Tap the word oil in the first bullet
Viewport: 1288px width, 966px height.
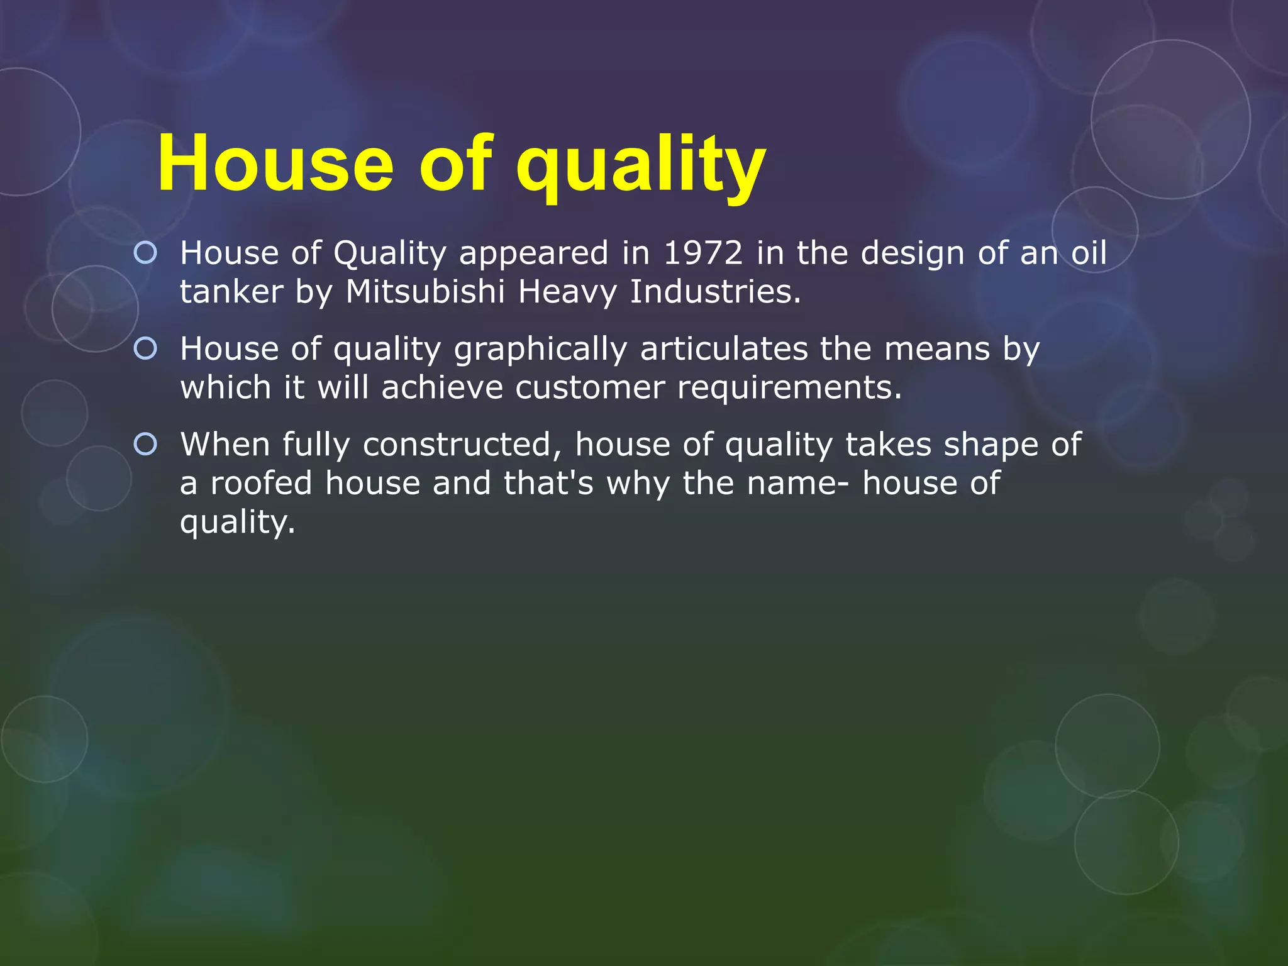tap(1089, 253)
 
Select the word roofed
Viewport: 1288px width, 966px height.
tap(261, 483)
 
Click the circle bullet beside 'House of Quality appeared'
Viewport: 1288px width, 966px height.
tap(145, 253)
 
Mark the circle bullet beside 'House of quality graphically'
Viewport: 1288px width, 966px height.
tap(145, 348)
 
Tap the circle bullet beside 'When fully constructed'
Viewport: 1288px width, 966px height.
tap(145, 445)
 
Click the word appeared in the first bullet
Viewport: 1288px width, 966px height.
tap(534, 254)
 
